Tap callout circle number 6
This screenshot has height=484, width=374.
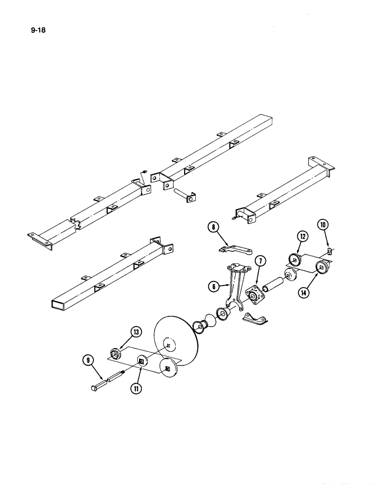click(213, 287)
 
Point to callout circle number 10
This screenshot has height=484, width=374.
click(323, 224)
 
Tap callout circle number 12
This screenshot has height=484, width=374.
click(302, 237)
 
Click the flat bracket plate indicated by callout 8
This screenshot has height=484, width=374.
click(236, 250)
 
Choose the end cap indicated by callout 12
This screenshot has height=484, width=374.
click(294, 259)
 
